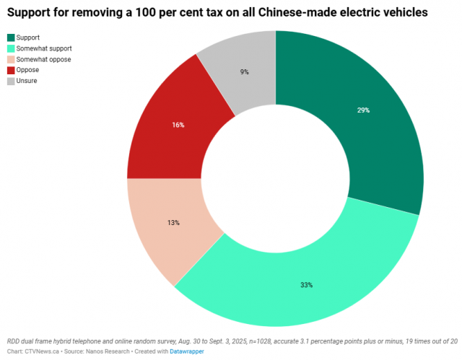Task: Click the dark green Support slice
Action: pyautogui.click(x=361, y=123)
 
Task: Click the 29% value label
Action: pyautogui.click(x=362, y=110)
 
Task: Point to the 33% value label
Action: pyautogui.click(x=307, y=285)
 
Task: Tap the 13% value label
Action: pyautogui.click(x=173, y=223)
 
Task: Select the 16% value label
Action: pyautogui.click(x=178, y=125)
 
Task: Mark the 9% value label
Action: pyautogui.click(x=245, y=71)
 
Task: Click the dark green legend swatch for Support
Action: pyautogui.click(x=11, y=38)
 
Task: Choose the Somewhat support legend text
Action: pyautogui.click(x=44, y=48)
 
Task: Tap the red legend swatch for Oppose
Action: pyautogui.click(x=11, y=70)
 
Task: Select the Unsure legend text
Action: pyautogui.click(x=27, y=81)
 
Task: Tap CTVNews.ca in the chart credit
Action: pyautogui.click(x=41, y=351)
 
